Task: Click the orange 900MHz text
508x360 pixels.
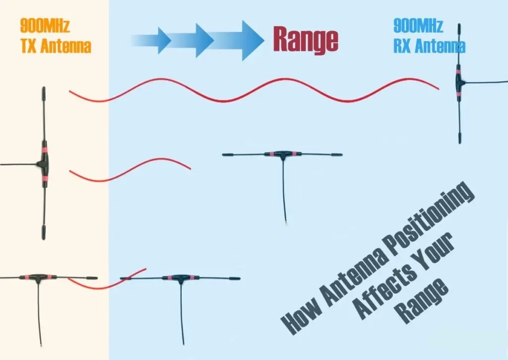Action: point(45,26)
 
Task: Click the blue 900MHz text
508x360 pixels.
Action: point(418,26)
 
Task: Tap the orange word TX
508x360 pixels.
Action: point(28,46)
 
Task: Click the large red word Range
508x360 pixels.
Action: point(306,39)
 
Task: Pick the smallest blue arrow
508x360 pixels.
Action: point(152,41)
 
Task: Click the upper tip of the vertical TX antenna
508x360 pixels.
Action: point(44,88)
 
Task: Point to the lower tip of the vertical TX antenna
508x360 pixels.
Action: point(44,238)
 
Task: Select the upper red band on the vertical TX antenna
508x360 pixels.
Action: point(44,150)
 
